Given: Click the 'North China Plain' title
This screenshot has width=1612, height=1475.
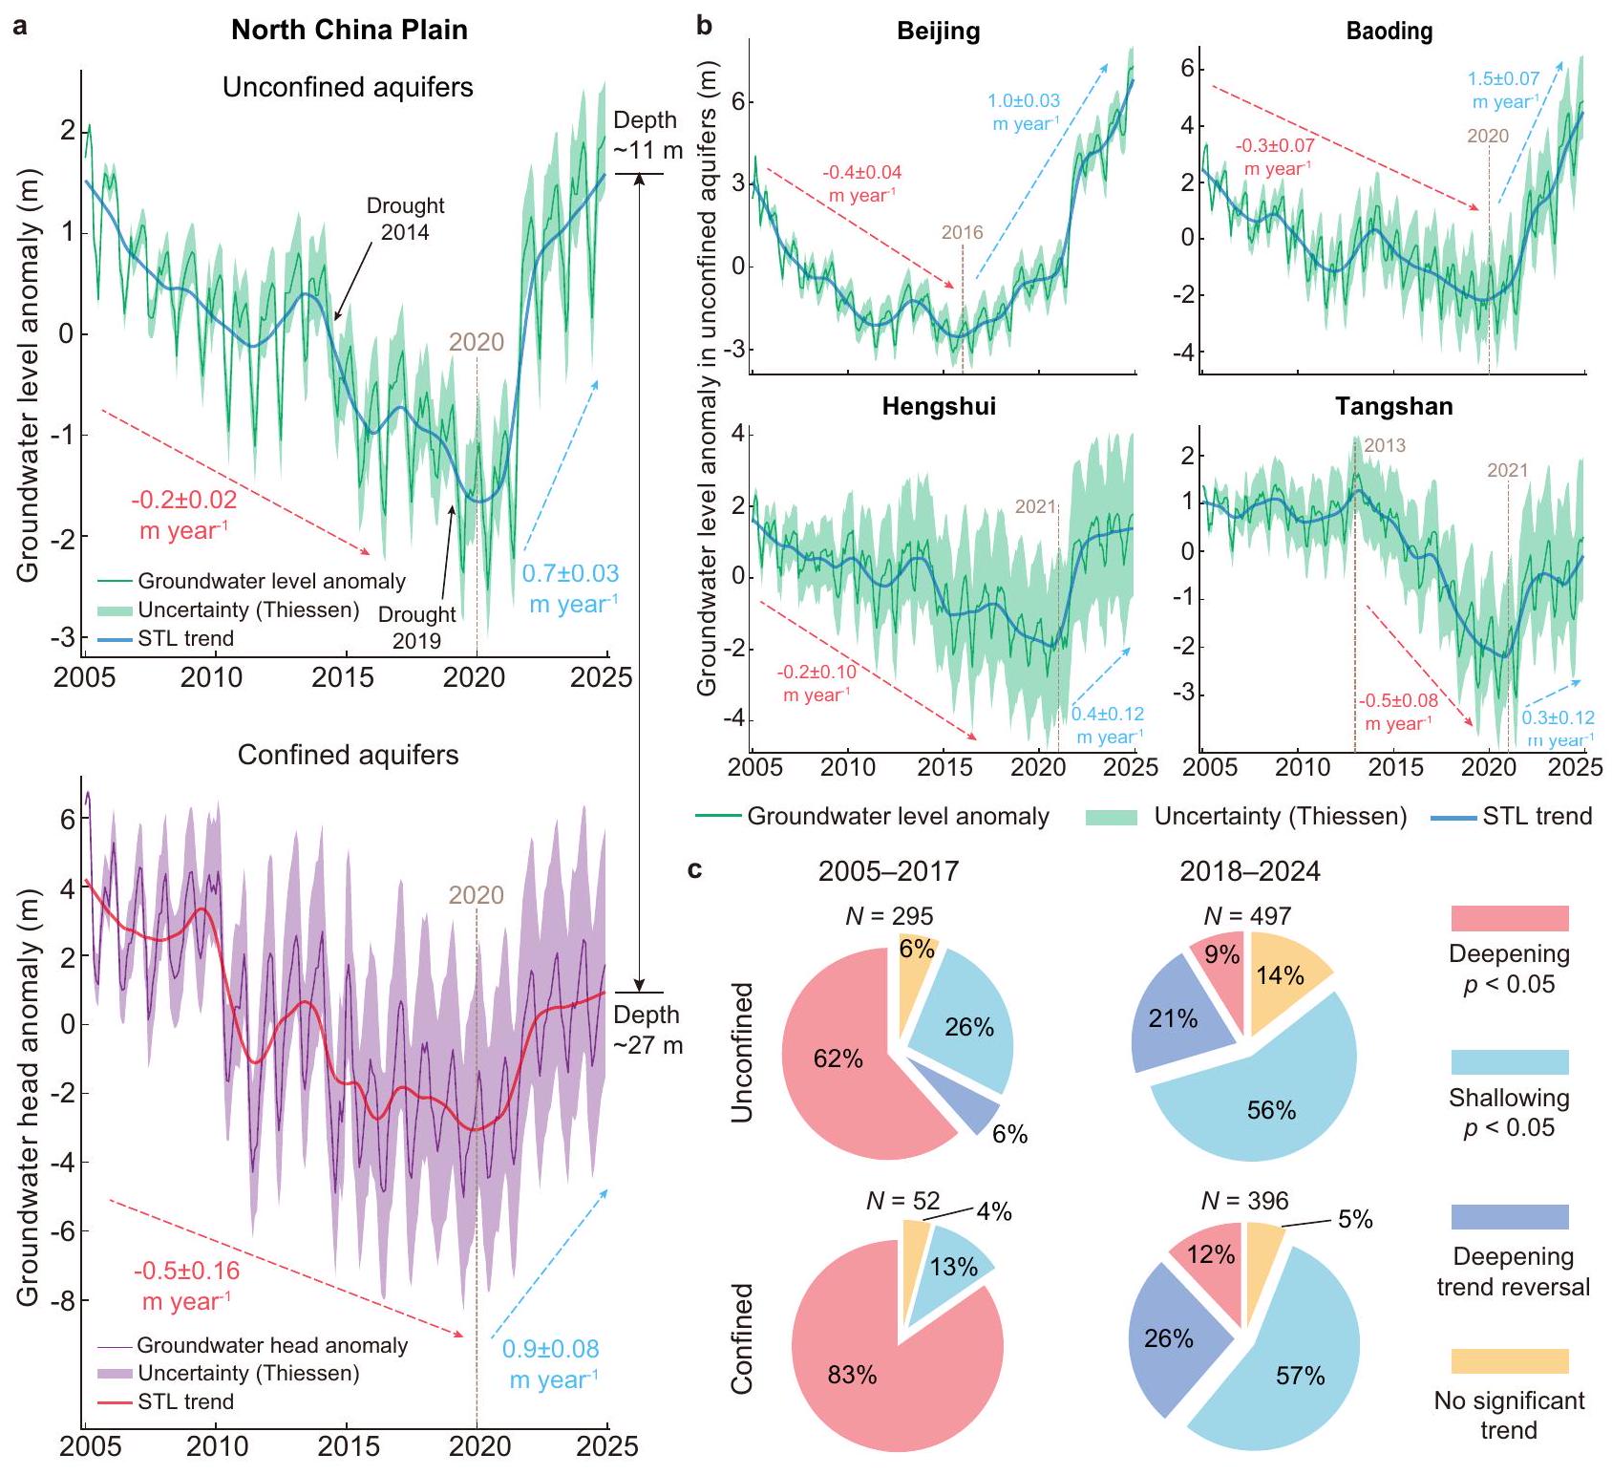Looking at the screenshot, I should (x=350, y=30).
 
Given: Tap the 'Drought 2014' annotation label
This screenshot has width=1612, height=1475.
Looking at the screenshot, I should (x=405, y=218).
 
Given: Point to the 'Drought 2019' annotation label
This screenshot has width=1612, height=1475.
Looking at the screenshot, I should (x=416, y=627).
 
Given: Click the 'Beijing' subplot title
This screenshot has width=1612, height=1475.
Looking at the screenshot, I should (x=938, y=32).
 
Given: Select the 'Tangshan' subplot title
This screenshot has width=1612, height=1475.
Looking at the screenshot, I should (x=1393, y=407).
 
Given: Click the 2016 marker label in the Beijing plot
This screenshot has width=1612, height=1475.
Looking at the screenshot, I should (x=962, y=232).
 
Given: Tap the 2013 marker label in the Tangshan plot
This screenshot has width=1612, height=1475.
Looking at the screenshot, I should (x=1384, y=445).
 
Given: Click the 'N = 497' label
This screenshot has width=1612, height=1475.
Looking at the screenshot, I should (x=1247, y=916).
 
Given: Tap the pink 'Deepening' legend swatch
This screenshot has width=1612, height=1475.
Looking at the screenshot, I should (x=1509, y=919).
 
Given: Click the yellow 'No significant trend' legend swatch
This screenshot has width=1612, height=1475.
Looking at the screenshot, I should (x=1509, y=1361).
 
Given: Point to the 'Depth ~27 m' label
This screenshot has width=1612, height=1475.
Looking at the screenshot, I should (x=647, y=1030).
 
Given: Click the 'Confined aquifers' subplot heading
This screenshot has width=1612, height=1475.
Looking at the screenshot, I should (x=348, y=755).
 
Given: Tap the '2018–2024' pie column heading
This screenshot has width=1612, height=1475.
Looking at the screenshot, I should (x=1249, y=871).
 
